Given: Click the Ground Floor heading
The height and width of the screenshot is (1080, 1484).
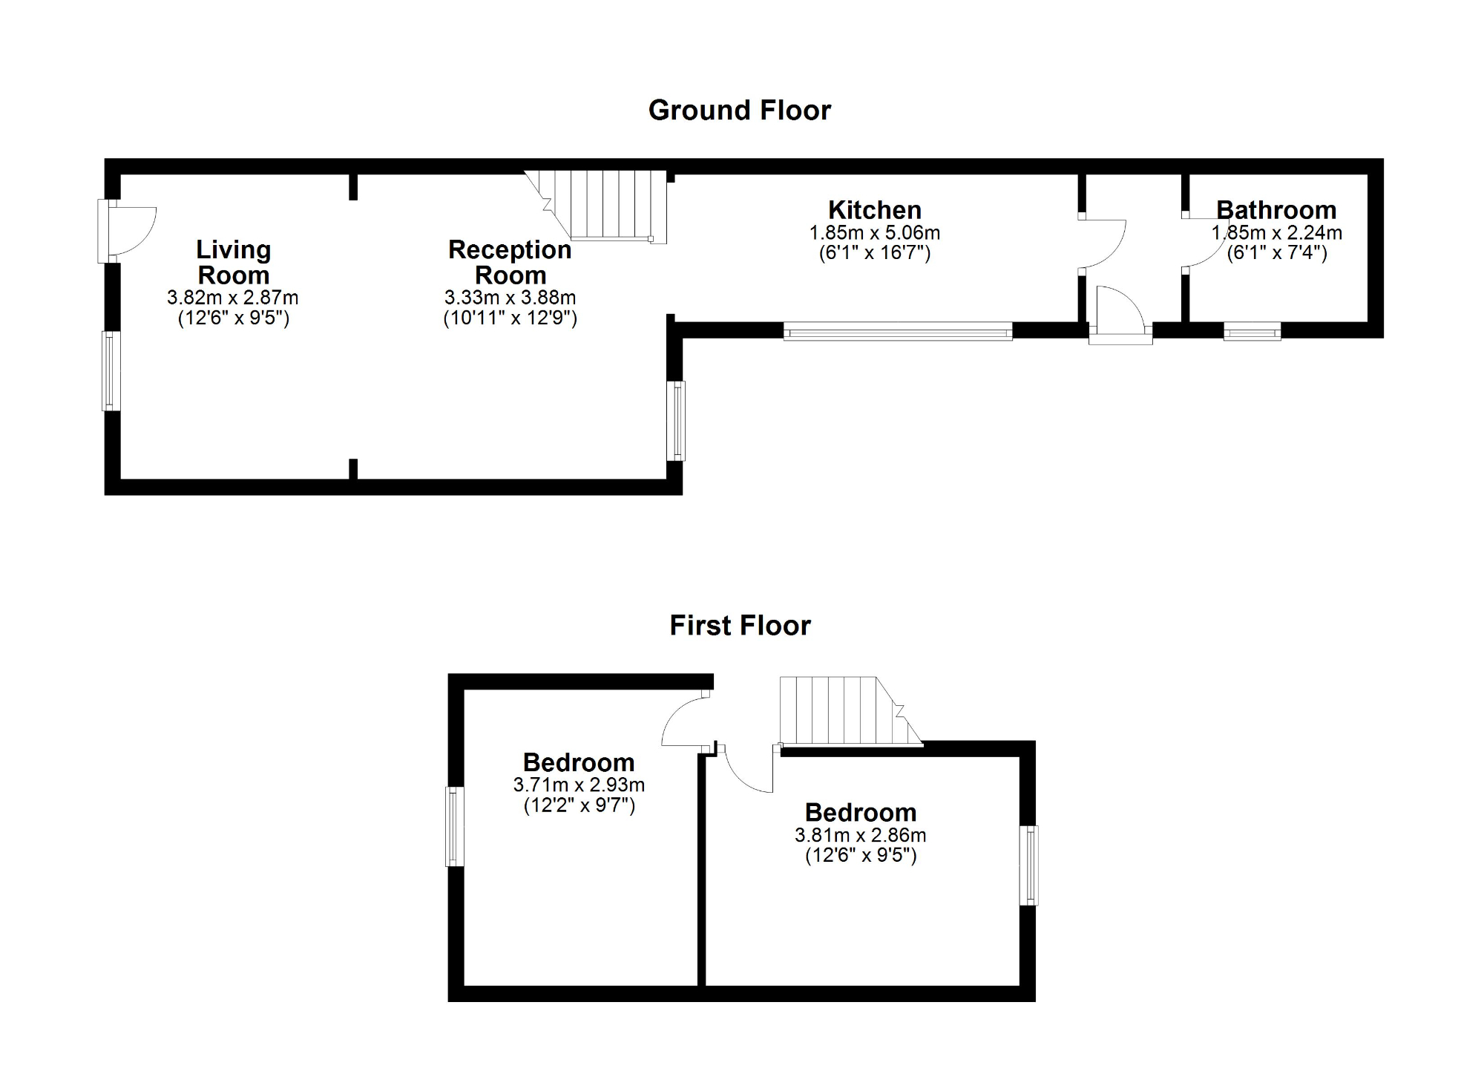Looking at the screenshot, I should tap(740, 111).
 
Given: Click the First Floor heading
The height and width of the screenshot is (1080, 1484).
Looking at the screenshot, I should tap(740, 626).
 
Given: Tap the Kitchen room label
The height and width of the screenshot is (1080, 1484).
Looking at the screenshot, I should tap(875, 210).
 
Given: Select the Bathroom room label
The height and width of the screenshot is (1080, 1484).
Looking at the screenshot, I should tap(1276, 210).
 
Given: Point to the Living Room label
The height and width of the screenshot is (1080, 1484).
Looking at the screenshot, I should tap(234, 263).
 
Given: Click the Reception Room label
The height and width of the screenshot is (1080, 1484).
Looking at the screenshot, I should tap(510, 263).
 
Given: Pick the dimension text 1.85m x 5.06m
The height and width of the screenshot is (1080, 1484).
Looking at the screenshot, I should tap(875, 233).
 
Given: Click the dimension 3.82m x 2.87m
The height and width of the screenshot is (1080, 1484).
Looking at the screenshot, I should tap(233, 298).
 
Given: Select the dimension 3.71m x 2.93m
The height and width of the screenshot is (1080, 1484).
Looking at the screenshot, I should tap(579, 785).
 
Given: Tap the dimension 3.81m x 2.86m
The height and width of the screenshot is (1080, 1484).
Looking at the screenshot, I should tap(861, 835).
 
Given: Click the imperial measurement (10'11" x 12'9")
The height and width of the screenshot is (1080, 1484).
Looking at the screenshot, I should tap(510, 318).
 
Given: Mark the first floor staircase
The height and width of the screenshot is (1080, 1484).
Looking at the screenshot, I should tap(846, 710).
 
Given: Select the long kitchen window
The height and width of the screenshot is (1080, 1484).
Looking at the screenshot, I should tap(898, 331).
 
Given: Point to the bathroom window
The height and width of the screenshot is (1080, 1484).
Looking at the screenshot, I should tap(1252, 331).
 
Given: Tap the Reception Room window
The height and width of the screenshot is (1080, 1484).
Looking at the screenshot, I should tap(675, 421).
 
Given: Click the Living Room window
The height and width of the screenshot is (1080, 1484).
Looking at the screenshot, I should tap(111, 370).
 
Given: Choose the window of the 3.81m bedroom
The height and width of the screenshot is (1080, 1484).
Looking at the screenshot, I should tap(1028, 865).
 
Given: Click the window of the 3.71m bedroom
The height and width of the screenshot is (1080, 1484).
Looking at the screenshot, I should tap(455, 826).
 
